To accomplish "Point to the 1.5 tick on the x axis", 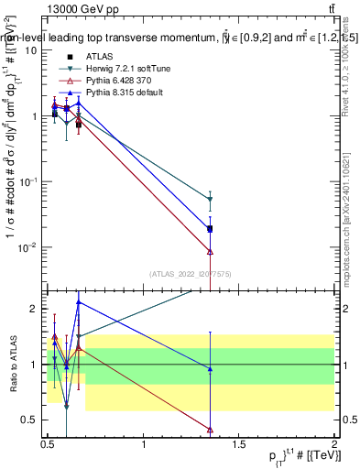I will point(240,445).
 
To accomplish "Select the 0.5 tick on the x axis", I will point(49,445).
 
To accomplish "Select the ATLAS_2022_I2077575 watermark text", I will point(191,274).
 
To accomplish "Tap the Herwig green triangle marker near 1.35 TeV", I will point(211,199).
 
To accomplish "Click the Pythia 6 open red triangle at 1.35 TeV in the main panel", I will point(211,251).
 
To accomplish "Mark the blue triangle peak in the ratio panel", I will point(79,301).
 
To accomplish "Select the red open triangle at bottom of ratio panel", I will point(211,429).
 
